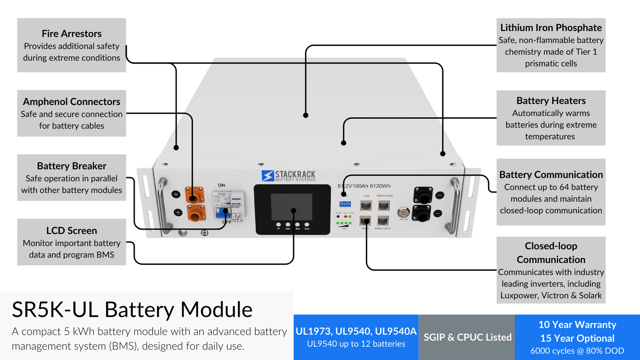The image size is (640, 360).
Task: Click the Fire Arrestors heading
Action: coord(72,33)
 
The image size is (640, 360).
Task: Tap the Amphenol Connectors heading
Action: coord(72,101)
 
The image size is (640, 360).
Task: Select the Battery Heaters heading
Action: coord(551,101)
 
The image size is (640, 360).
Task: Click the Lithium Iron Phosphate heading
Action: coord(551,28)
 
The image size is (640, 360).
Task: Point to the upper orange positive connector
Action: coord(194,195)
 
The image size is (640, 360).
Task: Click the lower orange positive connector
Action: coord(196,213)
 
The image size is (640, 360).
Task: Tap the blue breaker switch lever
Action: coord(222,213)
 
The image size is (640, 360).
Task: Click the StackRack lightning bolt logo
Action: coord(268,176)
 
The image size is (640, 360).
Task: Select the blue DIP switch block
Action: coord(345,204)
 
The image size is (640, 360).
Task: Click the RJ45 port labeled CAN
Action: coord(366,205)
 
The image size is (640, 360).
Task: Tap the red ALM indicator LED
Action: coord(346,217)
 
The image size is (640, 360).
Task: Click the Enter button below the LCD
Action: coord(307,225)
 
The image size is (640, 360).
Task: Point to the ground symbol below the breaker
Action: coord(204,233)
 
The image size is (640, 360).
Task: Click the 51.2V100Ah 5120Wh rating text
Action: coord(364,186)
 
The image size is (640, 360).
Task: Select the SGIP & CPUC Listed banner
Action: coord(467,337)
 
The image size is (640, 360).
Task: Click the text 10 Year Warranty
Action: coord(577,325)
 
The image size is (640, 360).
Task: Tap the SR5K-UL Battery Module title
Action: coord(132,309)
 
